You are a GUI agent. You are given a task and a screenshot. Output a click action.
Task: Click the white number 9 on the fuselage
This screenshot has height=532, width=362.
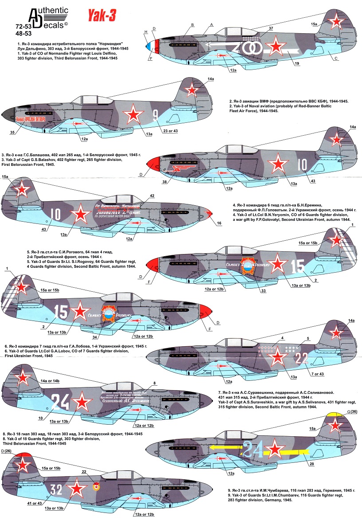click(x=155, y=116)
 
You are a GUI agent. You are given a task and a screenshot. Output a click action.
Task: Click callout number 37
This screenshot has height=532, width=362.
click(x=271, y=28)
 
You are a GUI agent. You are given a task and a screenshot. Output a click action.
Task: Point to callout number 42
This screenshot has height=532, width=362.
click(x=152, y=196)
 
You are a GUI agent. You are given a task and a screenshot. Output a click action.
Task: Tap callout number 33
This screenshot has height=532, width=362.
click(x=264, y=291)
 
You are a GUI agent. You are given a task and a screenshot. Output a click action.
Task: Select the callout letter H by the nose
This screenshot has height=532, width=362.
click(x=146, y=32)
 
